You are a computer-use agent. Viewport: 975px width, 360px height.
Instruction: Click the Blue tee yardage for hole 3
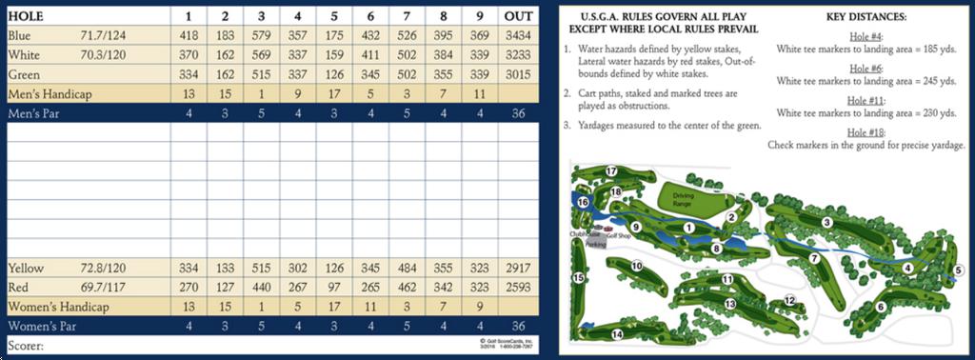click(260, 34)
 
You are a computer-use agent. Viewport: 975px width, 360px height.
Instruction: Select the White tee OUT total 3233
click(518, 55)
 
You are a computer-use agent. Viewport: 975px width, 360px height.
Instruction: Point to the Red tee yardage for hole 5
click(334, 288)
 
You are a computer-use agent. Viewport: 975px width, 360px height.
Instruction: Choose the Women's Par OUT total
click(518, 327)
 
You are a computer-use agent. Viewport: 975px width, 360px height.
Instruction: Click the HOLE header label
click(28, 15)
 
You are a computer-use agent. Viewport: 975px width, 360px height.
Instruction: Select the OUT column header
click(518, 15)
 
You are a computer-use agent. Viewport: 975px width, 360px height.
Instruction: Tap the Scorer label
click(26, 345)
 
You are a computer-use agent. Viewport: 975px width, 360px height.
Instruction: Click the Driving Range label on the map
click(683, 200)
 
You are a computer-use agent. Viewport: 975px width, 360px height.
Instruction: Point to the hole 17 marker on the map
click(611, 171)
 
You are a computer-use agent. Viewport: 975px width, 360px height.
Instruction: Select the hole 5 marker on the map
click(957, 270)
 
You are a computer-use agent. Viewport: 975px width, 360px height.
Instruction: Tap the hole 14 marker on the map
click(617, 333)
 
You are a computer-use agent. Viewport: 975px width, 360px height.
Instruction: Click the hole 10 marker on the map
click(638, 266)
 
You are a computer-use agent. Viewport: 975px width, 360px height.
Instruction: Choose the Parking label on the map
click(597, 245)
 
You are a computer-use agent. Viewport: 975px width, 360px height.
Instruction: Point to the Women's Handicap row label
click(59, 307)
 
